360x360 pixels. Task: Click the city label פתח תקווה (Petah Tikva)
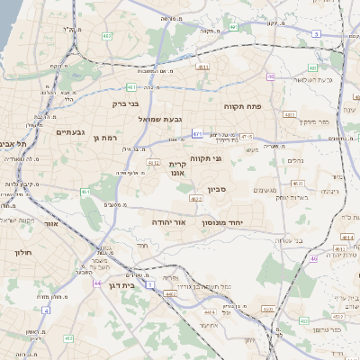click(243, 105)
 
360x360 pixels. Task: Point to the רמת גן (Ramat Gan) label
click(106, 137)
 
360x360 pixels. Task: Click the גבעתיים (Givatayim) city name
click(70, 132)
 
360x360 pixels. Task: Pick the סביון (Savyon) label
click(217, 190)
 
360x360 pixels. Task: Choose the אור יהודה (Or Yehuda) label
click(167, 220)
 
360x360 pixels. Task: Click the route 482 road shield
click(107, 36)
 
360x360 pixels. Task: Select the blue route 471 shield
click(197, 133)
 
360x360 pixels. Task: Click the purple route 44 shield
click(96, 283)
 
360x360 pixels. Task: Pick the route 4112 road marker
click(153, 163)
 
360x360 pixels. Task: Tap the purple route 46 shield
click(314, 258)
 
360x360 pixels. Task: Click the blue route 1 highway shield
click(150, 284)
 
